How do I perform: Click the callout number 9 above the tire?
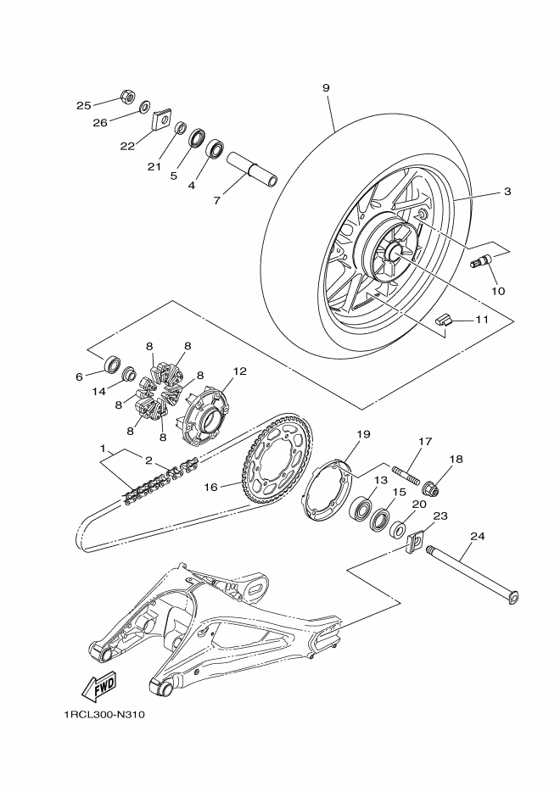(x=326, y=88)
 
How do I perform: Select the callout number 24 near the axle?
(x=478, y=537)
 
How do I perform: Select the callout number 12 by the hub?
(x=240, y=371)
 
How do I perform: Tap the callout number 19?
(x=363, y=434)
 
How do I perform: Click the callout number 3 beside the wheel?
(x=507, y=192)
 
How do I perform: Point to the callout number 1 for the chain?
(x=103, y=447)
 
